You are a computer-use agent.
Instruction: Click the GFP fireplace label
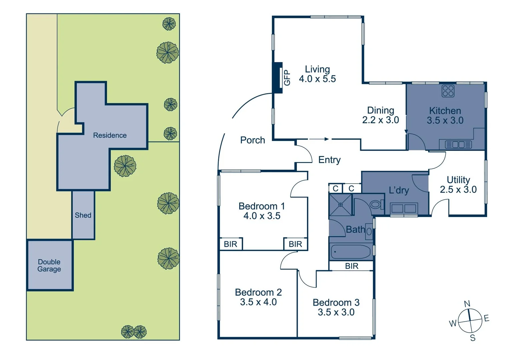click(x=287, y=78)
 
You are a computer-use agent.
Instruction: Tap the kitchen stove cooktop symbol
click(x=448, y=91)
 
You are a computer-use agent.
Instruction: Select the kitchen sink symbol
click(x=458, y=145)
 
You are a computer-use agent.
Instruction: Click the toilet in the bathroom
click(x=376, y=204)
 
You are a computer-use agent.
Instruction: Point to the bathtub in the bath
click(x=350, y=252)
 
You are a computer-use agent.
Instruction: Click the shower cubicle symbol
click(x=340, y=205)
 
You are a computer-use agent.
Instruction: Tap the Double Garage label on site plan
click(x=49, y=265)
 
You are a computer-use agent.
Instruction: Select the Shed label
click(x=83, y=215)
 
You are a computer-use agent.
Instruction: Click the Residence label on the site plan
click(x=110, y=135)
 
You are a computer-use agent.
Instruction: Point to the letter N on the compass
click(x=467, y=304)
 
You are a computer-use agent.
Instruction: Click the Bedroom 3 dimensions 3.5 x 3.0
click(x=336, y=312)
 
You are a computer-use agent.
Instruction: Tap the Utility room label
click(x=458, y=180)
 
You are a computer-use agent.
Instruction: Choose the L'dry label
click(x=399, y=190)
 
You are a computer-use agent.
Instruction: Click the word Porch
click(x=252, y=140)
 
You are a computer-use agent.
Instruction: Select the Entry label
click(x=329, y=160)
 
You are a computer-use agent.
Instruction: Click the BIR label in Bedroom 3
click(x=352, y=266)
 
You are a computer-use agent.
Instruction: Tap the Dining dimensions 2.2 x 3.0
click(x=381, y=120)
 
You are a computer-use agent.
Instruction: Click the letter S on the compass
click(x=473, y=338)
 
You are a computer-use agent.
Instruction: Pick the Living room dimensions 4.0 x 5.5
click(x=317, y=79)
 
